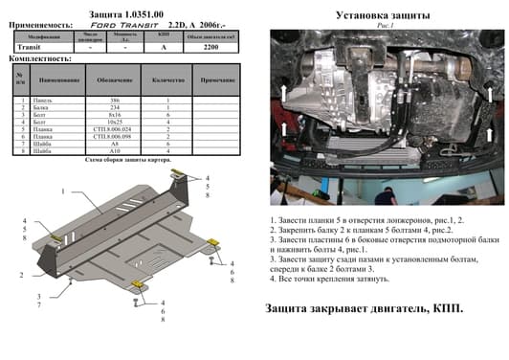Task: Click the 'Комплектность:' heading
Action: (x=35, y=58)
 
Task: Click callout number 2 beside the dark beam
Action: (x=20, y=276)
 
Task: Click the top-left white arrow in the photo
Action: (x=284, y=92)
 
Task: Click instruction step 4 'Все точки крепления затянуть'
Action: (x=330, y=280)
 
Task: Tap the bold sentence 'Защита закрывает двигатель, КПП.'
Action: (x=365, y=309)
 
